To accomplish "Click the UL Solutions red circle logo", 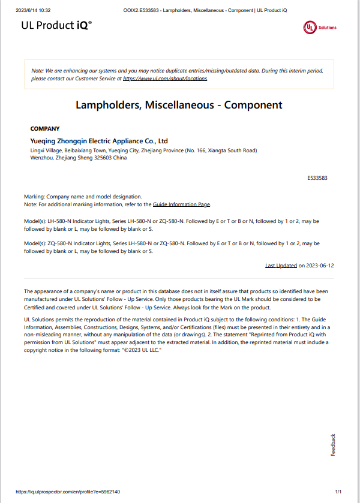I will click(x=310, y=28).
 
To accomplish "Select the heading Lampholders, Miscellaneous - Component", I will click(x=179, y=105).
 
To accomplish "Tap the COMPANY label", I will click(x=45, y=128).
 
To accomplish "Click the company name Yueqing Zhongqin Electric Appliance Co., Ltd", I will click(x=99, y=141).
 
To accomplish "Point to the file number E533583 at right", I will click(x=316, y=178).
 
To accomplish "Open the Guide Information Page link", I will click(x=181, y=204).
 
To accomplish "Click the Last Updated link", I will click(x=281, y=265).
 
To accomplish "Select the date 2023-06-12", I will click(x=320, y=265).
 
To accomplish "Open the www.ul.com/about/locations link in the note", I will click(x=165, y=79).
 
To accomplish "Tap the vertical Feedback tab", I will click(x=334, y=444).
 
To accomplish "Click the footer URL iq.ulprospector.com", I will click(x=67, y=492).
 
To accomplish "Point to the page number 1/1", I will click(x=338, y=492).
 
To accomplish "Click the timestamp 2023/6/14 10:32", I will click(x=33, y=10).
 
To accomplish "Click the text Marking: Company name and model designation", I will click(x=83, y=197).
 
